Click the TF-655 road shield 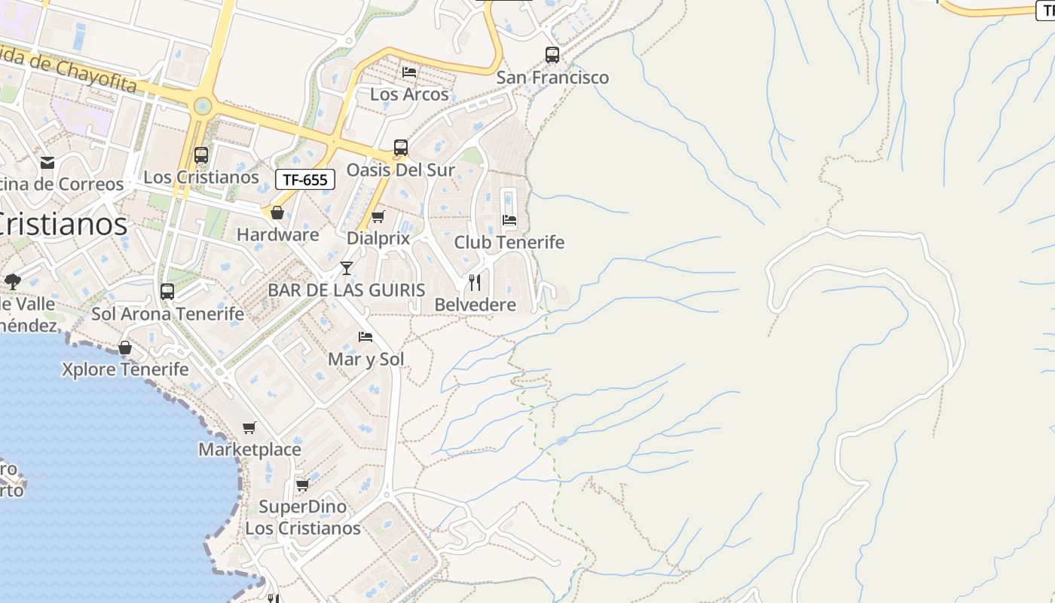tap(305, 179)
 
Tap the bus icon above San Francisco tap(552, 54)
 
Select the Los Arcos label tap(409, 94)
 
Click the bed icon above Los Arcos tap(409, 72)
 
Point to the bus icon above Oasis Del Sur tap(401, 148)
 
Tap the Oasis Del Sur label tap(400, 170)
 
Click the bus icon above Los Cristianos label tap(201, 155)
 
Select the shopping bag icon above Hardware tap(277, 213)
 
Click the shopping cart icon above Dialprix tap(378, 217)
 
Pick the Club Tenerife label tap(509, 242)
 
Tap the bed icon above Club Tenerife tap(509, 220)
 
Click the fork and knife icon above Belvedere tap(475, 283)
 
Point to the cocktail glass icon tap(347, 268)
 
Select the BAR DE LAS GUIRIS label tap(347, 289)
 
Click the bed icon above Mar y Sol tap(365, 336)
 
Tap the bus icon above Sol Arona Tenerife tap(167, 291)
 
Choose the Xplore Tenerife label tap(125, 369)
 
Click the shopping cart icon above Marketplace tap(249, 427)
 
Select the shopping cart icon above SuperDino tap(302, 484)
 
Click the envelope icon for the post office tap(47, 163)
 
